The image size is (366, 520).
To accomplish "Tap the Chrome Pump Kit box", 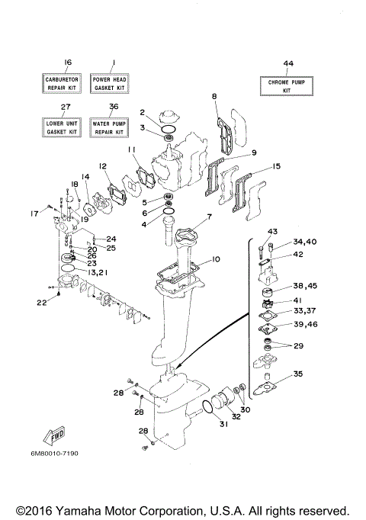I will pos(287,85).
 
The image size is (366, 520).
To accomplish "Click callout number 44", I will pos(288,64).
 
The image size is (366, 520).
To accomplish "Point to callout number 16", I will pos(67,63).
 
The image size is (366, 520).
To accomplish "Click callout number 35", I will pos(298,374).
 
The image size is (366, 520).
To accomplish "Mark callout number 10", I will pos(216,259).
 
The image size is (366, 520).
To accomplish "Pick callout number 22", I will pos(42,303).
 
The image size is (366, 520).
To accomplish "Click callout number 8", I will pos(215,96).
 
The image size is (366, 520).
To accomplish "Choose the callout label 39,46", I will pos(305,325).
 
